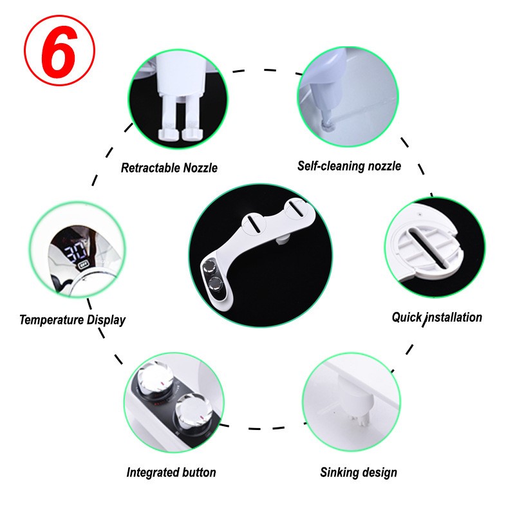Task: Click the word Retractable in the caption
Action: point(151,168)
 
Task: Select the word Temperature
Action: point(51,319)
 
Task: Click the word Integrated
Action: point(153,473)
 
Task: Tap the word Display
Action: point(106,320)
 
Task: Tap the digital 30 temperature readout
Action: point(76,251)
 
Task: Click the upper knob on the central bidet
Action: point(209,265)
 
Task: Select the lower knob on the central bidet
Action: point(216,283)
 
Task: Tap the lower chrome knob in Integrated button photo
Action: point(191,411)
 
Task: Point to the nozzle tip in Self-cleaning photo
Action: point(327,125)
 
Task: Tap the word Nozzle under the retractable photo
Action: point(200,168)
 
